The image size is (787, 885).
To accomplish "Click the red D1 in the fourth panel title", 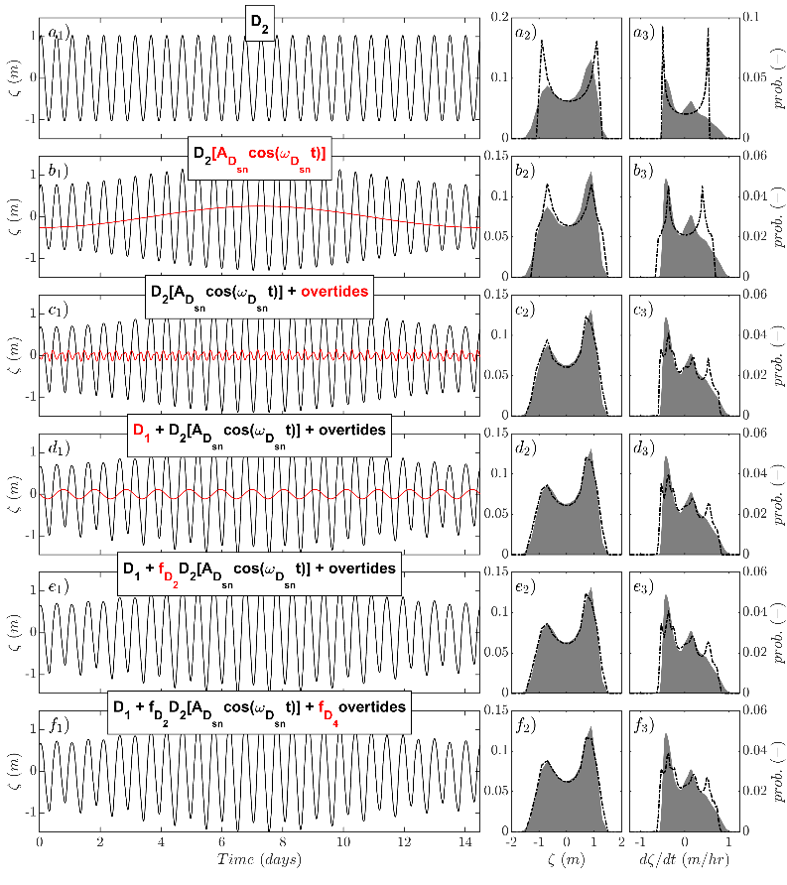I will [142, 430].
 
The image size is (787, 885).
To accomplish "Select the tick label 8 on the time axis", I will [283, 841].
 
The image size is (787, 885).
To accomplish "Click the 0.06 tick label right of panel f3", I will [754, 709].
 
